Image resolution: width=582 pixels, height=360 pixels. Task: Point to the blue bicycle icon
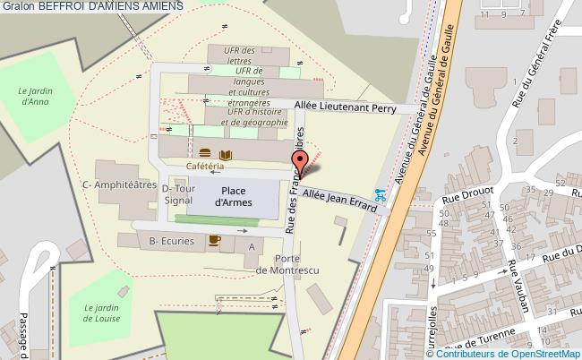[380, 193]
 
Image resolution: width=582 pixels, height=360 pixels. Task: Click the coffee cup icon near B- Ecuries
[214, 239]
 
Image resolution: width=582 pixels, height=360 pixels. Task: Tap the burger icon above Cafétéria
[205, 155]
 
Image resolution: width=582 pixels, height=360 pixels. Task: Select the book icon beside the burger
[226, 155]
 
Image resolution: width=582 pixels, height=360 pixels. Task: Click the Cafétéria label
[205, 167]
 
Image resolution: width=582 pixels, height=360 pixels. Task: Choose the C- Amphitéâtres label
[113, 186]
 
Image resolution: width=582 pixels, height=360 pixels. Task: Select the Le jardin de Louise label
[102, 312]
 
